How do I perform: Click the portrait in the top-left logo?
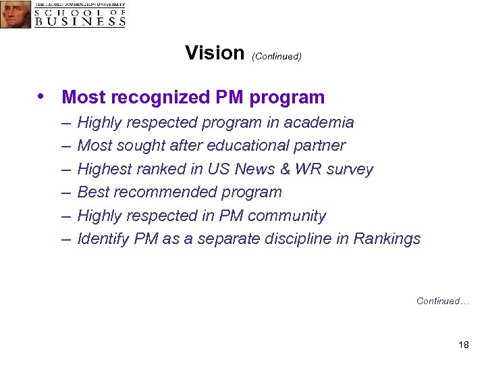[16, 14]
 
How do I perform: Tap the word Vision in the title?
[214, 53]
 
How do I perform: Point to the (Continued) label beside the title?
[276, 56]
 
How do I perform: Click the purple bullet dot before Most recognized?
[44, 96]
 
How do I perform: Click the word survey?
[350, 170]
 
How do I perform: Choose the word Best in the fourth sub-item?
[92, 192]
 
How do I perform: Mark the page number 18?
[463, 345]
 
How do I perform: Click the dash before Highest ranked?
[65, 169]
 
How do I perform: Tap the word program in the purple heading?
[287, 98]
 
